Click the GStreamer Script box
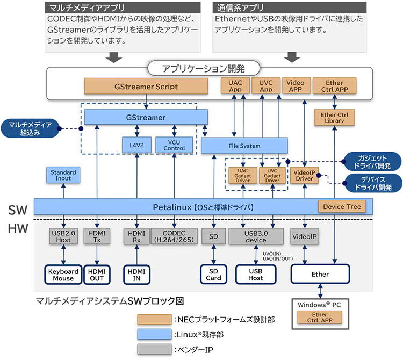click(x=147, y=86)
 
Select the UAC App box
click(x=235, y=86)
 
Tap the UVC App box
click(x=266, y=86)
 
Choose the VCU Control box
click(x=174, y=145)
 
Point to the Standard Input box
click(x=63, y=175)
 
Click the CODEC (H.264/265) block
click(x=174, y=237)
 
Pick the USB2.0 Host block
click(x=63, y=237)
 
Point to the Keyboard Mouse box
click(x=63, y=275)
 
